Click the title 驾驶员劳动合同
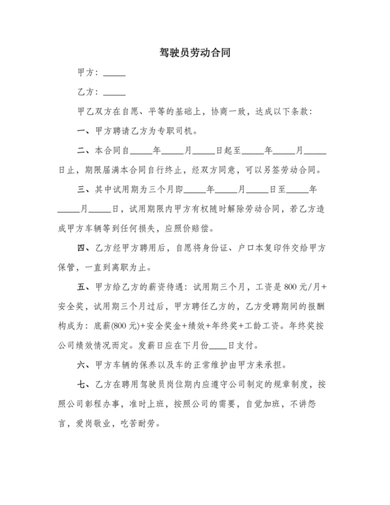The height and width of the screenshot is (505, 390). (x=195, y=52)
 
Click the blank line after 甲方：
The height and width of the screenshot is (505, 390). (x=114, y=73)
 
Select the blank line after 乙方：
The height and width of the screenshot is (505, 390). (x=114, y=93)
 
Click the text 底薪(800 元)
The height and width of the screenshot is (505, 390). (x=115, y=325)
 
